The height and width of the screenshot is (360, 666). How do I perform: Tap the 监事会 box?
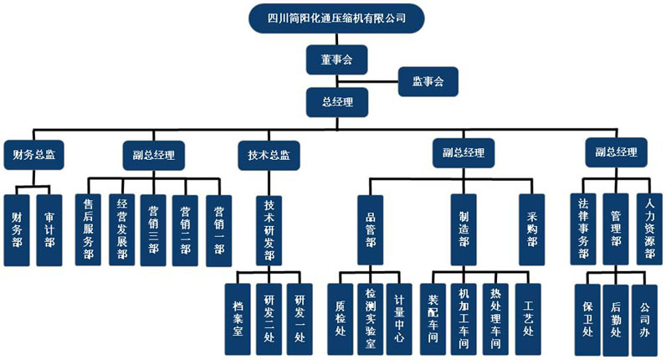(427, 82)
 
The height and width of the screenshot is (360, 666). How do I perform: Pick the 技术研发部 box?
(269, 230)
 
